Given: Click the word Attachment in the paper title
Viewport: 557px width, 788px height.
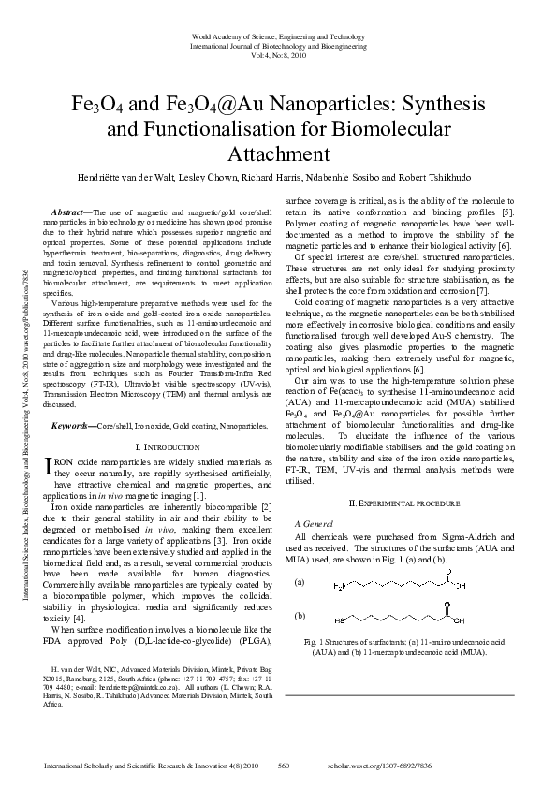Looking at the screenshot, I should (x=278, y=154).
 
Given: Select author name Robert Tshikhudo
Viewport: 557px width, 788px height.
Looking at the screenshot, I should (x=447, y=177).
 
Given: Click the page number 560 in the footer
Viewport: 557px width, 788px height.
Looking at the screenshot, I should (x=284, y=765).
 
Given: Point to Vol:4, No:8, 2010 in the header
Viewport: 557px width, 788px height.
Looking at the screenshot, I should (x=278, y=55).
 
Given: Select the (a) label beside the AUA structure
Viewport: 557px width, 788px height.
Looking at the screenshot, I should (x=300, y=581).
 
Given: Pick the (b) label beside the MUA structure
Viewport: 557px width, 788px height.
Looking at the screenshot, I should (x=300, y=617).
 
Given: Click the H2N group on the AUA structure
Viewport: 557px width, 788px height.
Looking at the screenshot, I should (x=340, y=587).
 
